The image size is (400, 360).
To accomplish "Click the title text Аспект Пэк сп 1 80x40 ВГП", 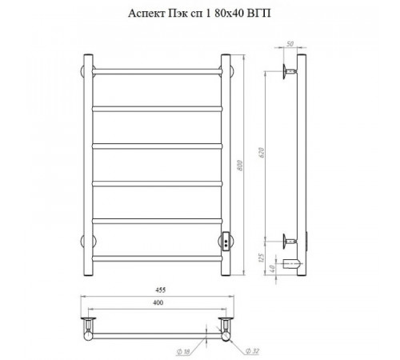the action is coord(199,13).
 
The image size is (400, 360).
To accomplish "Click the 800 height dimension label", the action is coord(240,166).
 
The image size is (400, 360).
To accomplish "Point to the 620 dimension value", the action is coord(262,153).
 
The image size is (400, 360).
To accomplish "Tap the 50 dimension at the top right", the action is coord(290,44).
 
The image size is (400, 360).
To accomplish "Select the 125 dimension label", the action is coord(262,258).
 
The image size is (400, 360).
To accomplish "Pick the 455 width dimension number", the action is coord(160,290).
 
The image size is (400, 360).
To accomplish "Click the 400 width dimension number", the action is coord(158,302).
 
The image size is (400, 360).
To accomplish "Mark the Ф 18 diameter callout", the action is coord(183,352).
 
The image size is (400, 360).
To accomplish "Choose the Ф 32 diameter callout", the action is coord(252,351).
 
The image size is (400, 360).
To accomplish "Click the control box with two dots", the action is coord(226,242).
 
